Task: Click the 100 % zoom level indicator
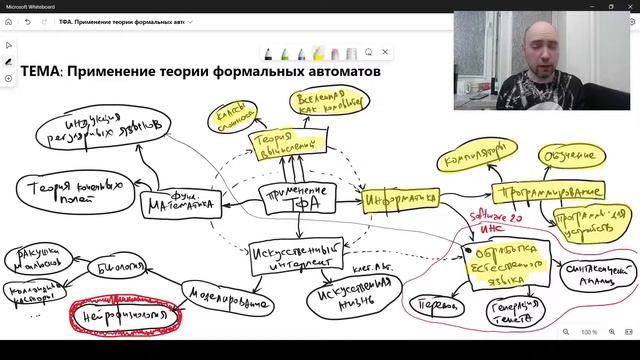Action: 589,332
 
